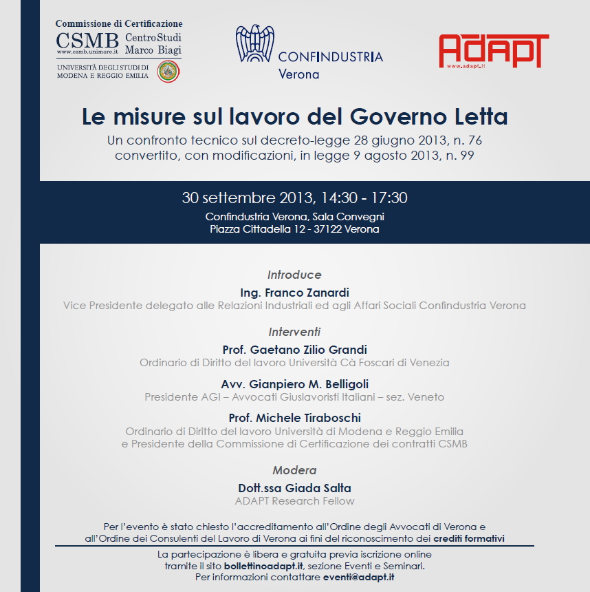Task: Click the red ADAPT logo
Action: pyautogui.click(x=493, y=51)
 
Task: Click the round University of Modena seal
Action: pyautogui.click(x=168, y=72)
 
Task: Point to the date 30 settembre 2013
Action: pyautogui.click(x=246, y=198)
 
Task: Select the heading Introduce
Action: pyautogui.click(x=294, y=274)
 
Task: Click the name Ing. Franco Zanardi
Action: pyautogui.click(x=294, y=293)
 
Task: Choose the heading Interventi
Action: pyautogui.click(x=294, y=331)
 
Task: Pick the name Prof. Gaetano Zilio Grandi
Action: pyautogui.click(x=294, y=350)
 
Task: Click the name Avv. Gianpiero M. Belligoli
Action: pyautogui.click(x=294, y=383)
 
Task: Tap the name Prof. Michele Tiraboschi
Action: pyautogui.click(x=294, y=418)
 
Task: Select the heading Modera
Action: pyautogui.click(x=294, y=470)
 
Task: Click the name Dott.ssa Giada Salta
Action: pyautogui.click(x=294, y=488)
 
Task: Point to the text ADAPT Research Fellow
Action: pyautogui.click(x=294, y=501)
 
